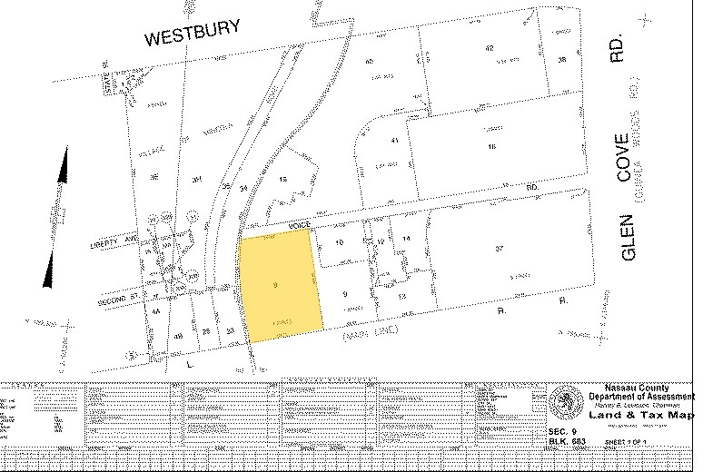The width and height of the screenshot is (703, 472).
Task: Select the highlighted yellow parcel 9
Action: coord(281,285)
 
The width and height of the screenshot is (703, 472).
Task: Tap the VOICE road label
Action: coord(300,223)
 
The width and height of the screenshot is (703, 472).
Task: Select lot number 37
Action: coord(499,248)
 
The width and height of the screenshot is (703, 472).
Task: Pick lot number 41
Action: coord(394,142)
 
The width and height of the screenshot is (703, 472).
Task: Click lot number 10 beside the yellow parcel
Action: coord(339,244)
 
